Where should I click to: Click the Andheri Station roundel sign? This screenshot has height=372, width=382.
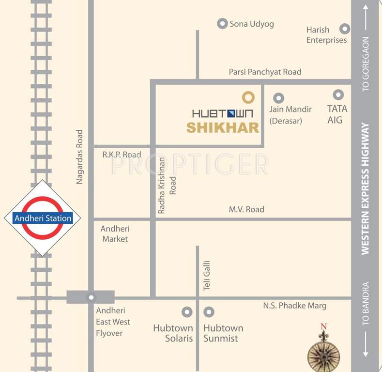click(43, 218)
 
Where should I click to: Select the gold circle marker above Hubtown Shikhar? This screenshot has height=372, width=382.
click(248, 97)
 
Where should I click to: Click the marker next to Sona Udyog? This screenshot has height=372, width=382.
click(222, 23)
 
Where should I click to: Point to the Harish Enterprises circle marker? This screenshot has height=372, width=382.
click(345, 29)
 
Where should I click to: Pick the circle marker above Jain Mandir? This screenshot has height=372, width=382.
click(278, 97)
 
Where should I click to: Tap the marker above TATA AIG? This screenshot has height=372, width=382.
click(338, 94)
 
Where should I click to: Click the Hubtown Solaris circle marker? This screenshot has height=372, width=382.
click(186, 312)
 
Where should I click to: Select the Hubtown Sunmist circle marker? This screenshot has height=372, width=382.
click(209, 312)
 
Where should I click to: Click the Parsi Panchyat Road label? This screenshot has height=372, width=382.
click(265, 72)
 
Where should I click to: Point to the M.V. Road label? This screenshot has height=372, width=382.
click(246, 209)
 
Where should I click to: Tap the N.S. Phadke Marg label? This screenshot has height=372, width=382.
click(294, 306)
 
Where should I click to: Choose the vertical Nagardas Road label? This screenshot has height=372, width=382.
click(80, 156)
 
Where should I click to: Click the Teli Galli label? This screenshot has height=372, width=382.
click(207, 275)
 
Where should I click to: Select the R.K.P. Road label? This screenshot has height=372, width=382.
click(122, 155)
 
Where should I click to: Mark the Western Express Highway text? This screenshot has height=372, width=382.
click(365, 188)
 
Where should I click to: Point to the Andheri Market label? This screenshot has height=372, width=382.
click(115, 233)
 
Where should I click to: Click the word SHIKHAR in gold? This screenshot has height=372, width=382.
click(223, 128)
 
